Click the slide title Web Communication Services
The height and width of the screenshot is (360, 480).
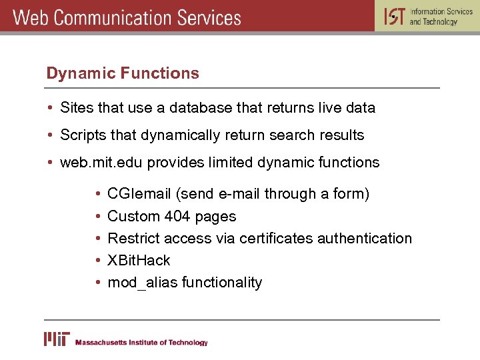coord(127,17)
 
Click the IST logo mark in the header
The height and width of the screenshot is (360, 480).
coord(393,16)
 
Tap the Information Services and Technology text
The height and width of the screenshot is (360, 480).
coord(441,17)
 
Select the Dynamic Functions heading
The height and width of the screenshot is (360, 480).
coord(123,73)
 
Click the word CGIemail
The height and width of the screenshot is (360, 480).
coord(139,194)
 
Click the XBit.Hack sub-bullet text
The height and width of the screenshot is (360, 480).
coord(139,261)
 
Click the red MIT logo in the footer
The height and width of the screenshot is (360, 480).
coord(57,339)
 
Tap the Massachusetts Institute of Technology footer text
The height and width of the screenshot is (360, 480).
coord(141,343)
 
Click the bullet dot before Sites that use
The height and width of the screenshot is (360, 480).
coord(51,108)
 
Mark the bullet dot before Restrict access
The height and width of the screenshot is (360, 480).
coord(98,239)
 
